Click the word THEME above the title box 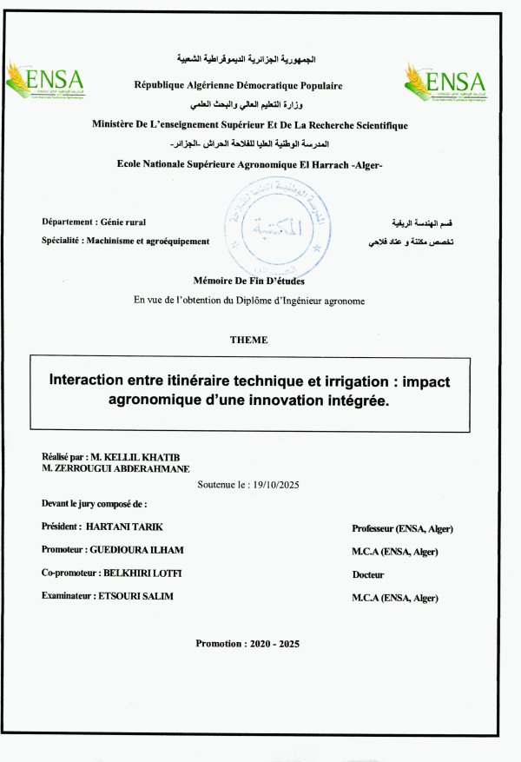click(248, 339)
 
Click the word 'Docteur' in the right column click(368, 574)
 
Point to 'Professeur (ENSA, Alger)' click(402, 528)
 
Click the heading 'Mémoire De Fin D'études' click(249, 280)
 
